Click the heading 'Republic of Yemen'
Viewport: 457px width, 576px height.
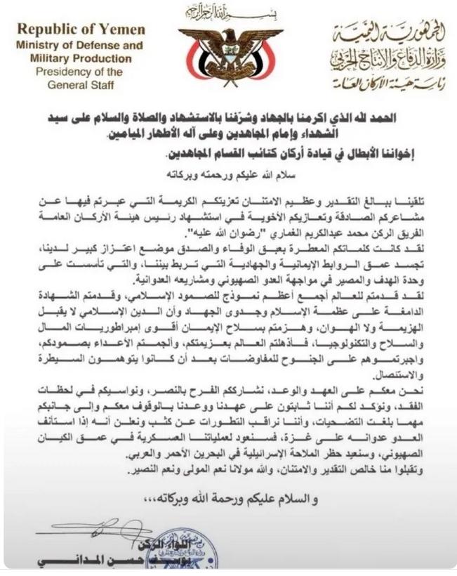point(81,30)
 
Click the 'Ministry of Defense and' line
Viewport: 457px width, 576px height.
point(80,45)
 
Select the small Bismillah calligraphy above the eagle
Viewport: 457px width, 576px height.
point(229,11)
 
